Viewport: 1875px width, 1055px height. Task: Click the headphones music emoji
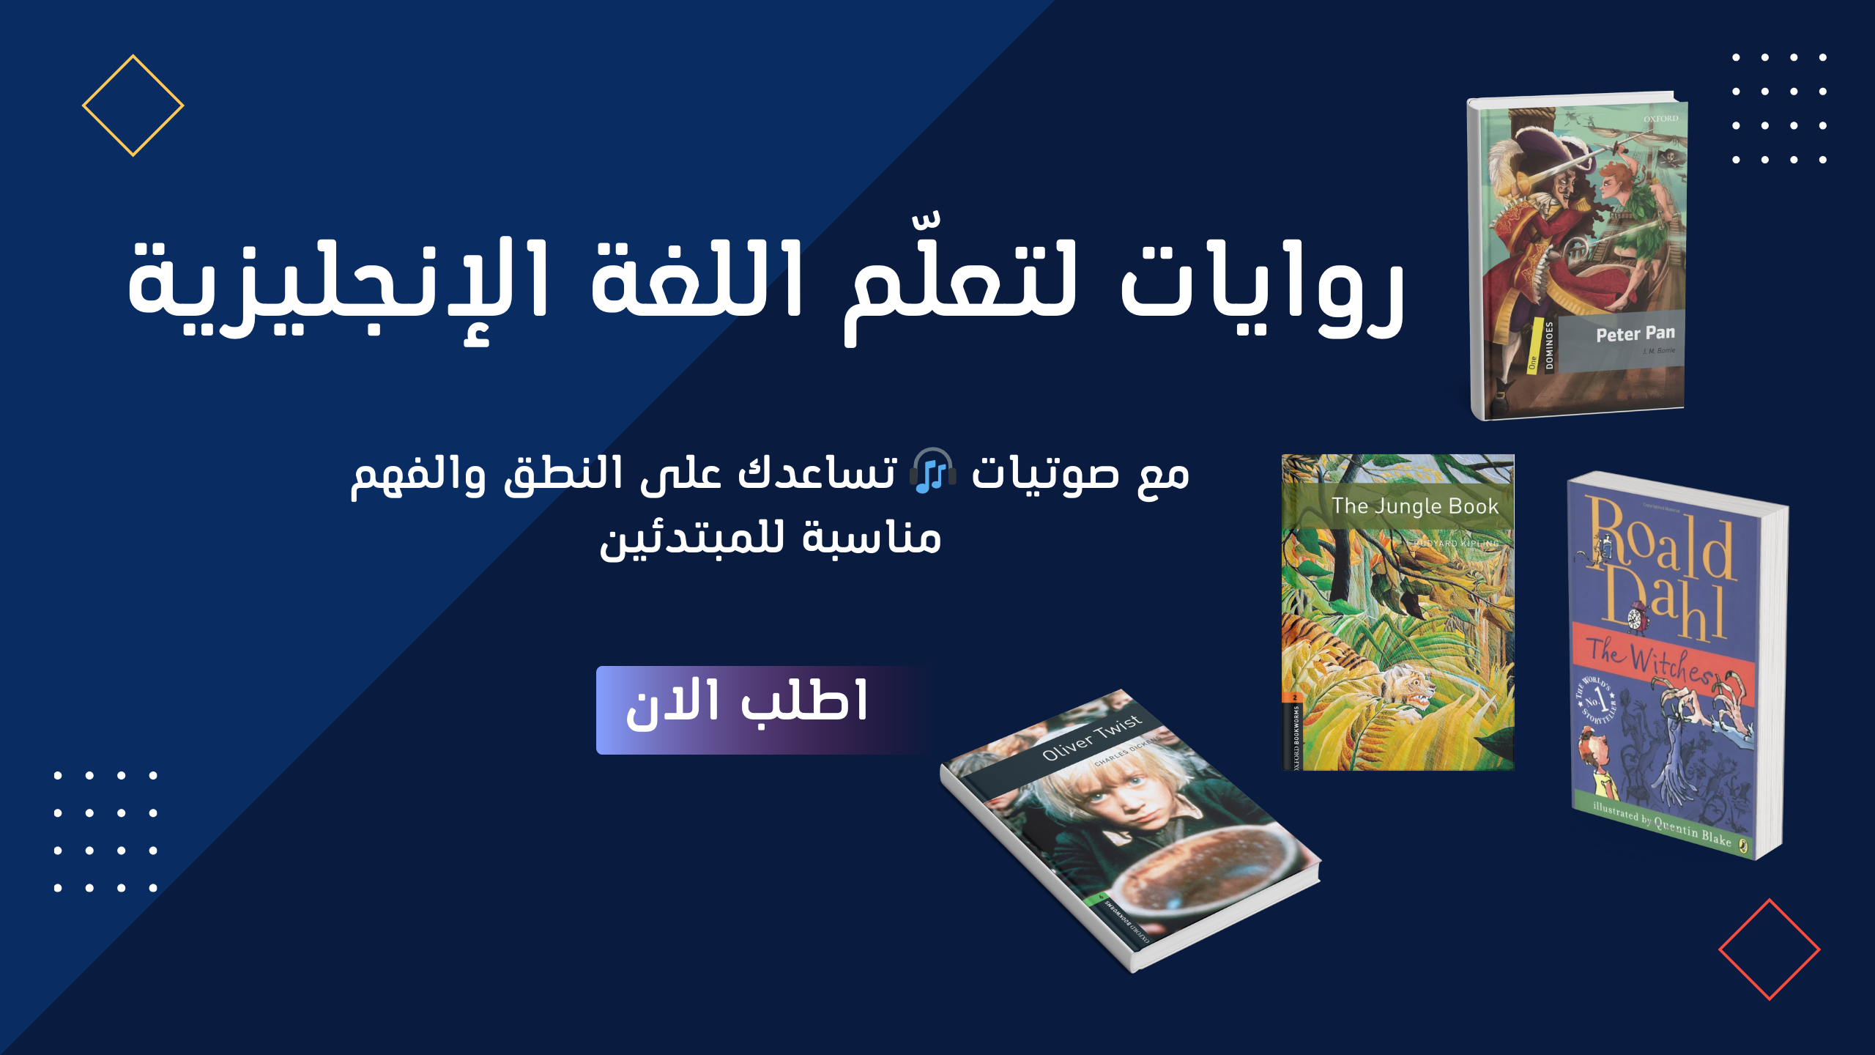point(932,471)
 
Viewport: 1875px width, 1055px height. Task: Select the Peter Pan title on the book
point(1635,334)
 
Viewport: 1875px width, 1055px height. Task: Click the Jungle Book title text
point(1414,506)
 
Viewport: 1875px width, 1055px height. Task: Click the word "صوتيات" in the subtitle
point(1044,475)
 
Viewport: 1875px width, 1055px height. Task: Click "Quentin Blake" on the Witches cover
point(1692,832)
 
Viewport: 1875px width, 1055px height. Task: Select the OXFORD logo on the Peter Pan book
point(1660,119)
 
